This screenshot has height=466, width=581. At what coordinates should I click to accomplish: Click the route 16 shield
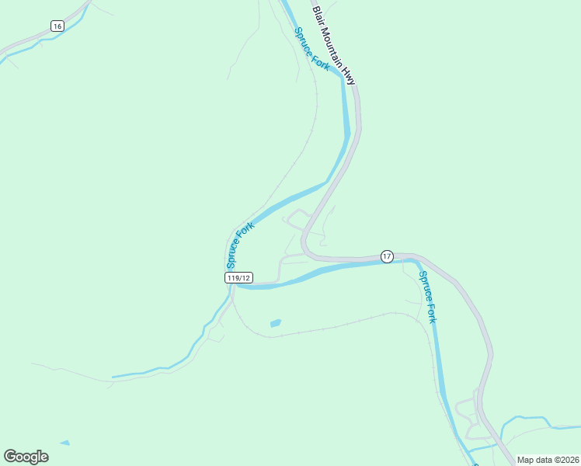point(57,26)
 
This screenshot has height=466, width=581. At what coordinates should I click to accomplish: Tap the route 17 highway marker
point(387,256)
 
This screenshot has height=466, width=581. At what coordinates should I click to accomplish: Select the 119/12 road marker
point(238,277)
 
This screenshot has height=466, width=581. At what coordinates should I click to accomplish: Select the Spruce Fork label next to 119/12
point(240,244)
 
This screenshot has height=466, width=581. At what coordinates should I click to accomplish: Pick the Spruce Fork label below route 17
point(428,297)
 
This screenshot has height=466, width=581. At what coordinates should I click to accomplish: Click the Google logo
point(26,457)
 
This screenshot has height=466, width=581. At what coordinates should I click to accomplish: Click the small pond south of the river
point(275,322)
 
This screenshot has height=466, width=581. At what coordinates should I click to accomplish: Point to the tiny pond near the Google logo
point(64,443)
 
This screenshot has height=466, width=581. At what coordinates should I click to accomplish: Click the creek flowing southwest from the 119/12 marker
point(186,356)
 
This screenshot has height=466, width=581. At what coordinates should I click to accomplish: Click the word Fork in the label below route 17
point(432,311)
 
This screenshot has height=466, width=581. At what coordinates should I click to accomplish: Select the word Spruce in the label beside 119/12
point(234,253)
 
